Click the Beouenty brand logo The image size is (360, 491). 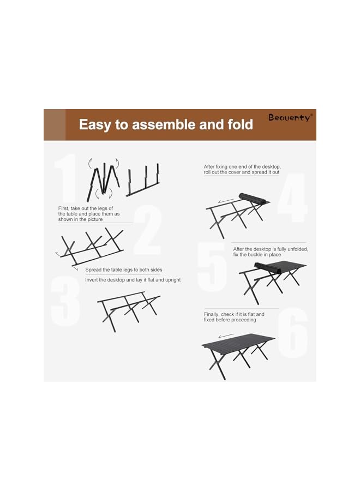tap(290, 117)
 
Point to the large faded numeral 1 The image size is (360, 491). tap(67, 178)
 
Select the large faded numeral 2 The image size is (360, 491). tap(148, 230)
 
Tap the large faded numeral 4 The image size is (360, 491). tap(292, 197)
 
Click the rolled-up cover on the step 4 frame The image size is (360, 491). tap(252, 199)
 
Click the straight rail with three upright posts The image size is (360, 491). tap(143, 181)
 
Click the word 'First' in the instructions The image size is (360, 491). tap(64, 208)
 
